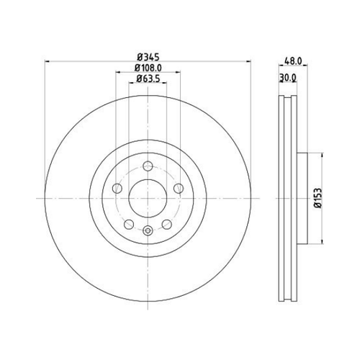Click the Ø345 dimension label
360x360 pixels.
(x=148, y=58)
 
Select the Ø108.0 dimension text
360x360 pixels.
(x=148, y=68)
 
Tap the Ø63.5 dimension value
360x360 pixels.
(x=148, y=78)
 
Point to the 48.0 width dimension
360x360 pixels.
(x=293, y=61)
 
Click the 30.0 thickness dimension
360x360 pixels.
(x=288, y=78)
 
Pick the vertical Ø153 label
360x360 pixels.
(x=318, y=198)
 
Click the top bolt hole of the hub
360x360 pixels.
(x=148, y=166)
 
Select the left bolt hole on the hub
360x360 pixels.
(x=117, y=189)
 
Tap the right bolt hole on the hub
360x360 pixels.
(x=179, y=189)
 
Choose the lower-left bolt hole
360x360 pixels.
(x=129, y=225)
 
